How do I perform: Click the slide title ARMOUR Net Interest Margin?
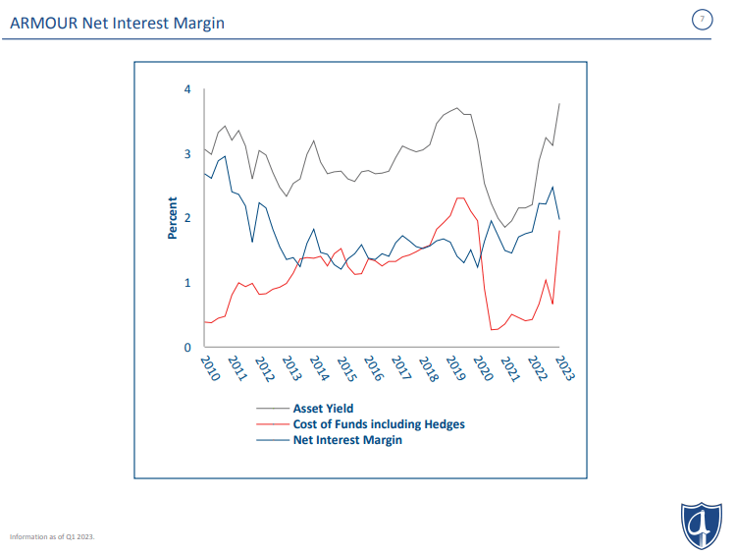[117, 22]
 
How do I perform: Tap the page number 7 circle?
[701, 21]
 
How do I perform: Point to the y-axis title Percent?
[173, 218]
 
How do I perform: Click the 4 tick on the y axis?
[187, 89]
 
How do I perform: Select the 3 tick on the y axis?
[187, 154]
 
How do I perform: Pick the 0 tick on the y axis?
[187, 348]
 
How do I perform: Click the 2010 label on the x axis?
[209, 368]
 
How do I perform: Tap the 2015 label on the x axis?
[345, 368]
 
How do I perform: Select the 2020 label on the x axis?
[482, 368]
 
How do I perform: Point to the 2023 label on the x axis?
[564, 368]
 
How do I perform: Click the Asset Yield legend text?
[323, 408]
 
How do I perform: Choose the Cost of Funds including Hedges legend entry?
[378, 424]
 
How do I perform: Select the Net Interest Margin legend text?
[347, 440]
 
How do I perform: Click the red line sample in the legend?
[272, 424]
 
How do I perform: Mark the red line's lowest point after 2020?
[492, 330]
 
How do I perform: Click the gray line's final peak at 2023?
[559, 103]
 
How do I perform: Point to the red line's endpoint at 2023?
[559, 231]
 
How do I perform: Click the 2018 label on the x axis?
[427, 368]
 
